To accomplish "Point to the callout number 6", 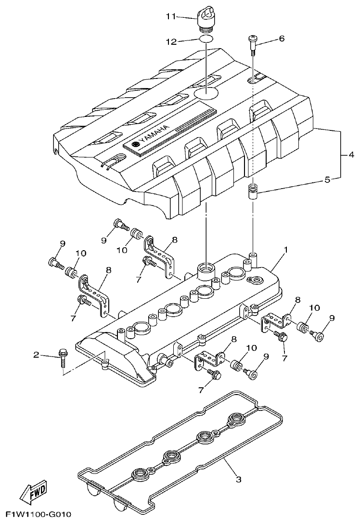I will [282, 38].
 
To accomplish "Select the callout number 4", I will [352, 155].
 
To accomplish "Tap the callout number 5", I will [327, 180].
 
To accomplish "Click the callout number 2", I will [36, 356].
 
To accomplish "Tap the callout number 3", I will [238, 479].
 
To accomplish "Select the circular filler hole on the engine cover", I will [206, 92].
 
